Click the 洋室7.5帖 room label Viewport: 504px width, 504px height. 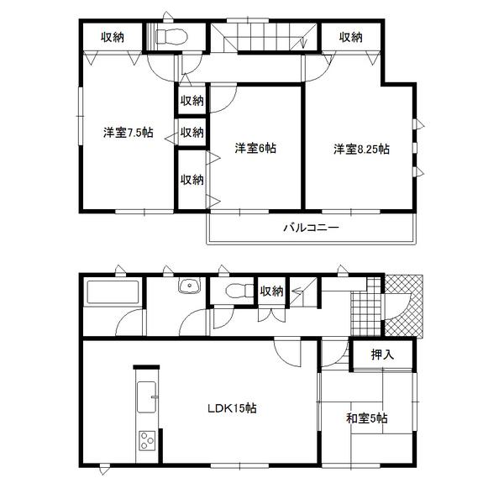pyautogui.click(x=129, y=132)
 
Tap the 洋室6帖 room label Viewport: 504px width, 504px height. pyautogui.click(x=255, y=149)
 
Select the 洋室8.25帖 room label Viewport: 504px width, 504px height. pyautogui.click(x=360, y=149)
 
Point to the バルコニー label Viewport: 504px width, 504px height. pyautogui.click(x=310, y=228)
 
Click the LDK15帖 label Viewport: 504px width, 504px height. pyautogui.click(x=233, y=408)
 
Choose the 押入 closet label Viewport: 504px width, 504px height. pyautogui.click(x=382, y=354)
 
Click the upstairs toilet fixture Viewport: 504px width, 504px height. pyautogui.click(x=170, y=37)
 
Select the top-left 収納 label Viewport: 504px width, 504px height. pyautogui.click(x=113, y=37)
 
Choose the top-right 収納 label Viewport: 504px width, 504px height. pyautogui.click(x=351, y=37)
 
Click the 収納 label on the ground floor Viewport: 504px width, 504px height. pyautogui.click(x=271, y=291)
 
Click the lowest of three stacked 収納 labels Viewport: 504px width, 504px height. pyautogui.click(x=192, y=179)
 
